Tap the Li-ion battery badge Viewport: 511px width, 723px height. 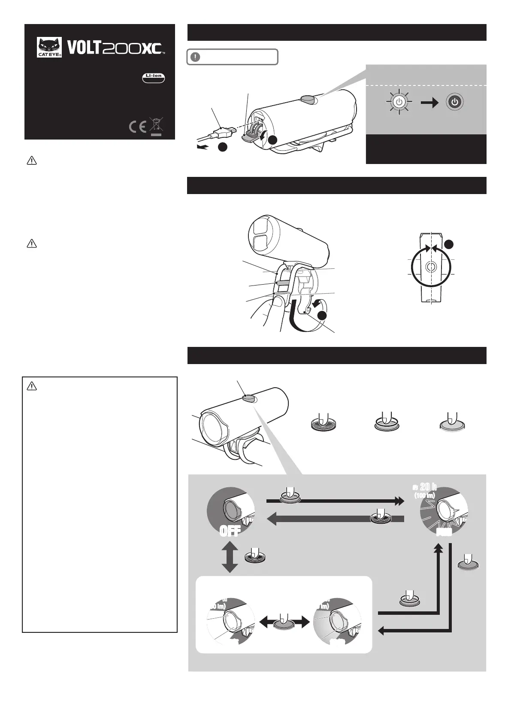coord(154,77)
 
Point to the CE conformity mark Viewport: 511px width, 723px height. coord(137,127)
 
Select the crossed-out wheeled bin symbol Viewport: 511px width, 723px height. coord(156,125)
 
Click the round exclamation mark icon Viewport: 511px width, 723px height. coord(195,57)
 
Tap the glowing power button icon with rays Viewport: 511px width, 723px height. coord(399,102)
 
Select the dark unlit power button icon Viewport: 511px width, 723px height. coord(455,102)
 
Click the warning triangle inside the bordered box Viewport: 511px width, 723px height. coord(32,386)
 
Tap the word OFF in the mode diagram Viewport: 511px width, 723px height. coord(230,532)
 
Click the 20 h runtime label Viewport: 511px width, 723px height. coord(428,487)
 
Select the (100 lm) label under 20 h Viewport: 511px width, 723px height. coord(425,495)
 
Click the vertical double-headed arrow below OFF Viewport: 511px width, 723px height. coord(230,557)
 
